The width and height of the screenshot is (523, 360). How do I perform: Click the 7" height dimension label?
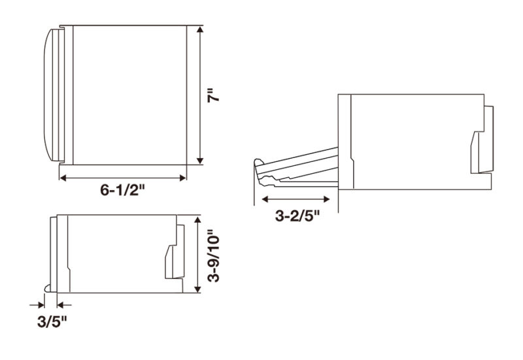[x=214, y=95]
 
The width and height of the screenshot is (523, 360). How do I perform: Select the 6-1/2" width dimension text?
[x=123, y=190]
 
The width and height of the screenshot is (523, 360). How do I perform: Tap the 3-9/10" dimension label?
[x=214, y=256]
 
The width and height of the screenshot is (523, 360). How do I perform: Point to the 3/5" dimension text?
[x=52, y=322]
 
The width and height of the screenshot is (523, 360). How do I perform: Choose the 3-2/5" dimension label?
[x=297, y=216]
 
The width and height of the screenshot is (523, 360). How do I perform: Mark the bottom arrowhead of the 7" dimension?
[x=200, y=161]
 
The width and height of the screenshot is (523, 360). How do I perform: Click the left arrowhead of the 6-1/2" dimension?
[x=62, y=178]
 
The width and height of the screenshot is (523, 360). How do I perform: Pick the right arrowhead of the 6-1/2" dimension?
[x=183, y=178]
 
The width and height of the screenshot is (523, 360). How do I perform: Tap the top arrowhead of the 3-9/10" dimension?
[x=198, y=219]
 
